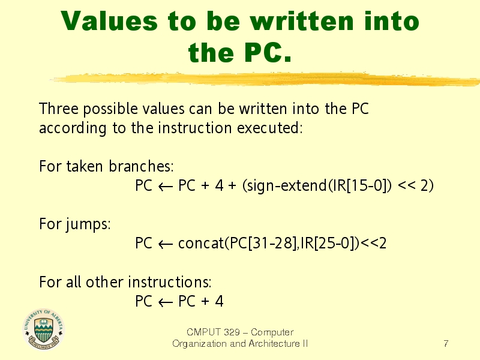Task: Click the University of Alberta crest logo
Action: tap(43, 329)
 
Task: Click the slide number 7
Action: tap(446, 343)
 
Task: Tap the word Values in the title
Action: tap(109, 21)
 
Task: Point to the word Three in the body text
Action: tap(59, 109)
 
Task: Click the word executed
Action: tap(269, 128)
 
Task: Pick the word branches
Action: tap(141, 166)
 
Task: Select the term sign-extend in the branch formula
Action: tap(287, 185)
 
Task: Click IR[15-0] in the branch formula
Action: tap(360, 185)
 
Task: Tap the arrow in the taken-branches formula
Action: tap(166, 187)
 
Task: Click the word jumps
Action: tap(88, 224)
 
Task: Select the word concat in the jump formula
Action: tap(201, 244)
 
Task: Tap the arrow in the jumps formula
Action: tap(166, 244)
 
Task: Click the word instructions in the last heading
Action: tap(169, 282)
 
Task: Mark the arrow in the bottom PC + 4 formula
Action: tap(166, 302)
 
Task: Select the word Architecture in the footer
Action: tap(274, 343)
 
